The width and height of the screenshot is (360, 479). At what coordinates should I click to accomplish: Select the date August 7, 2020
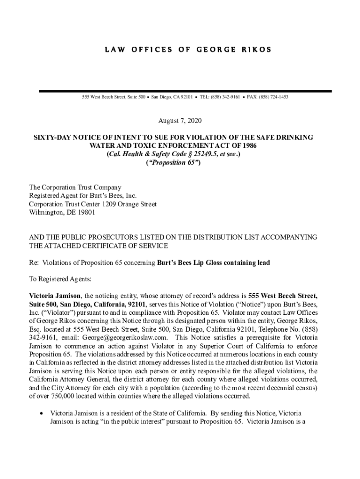(x=180, y=121)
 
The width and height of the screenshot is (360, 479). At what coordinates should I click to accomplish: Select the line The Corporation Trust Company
(x=75, y=188)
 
